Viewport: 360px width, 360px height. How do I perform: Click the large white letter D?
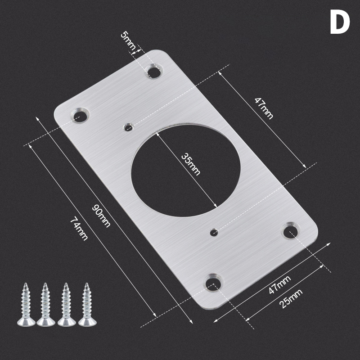point(340,22)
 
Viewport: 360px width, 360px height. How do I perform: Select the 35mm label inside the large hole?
point(191,164)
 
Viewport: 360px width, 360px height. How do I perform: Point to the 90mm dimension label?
point(101,216)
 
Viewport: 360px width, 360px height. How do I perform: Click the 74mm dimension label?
point(79,229)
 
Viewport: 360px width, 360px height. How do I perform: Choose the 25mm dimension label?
point(291,298)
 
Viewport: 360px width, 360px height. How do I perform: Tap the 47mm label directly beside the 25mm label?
point(279,284)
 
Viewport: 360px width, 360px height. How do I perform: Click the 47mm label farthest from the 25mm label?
point(264,108)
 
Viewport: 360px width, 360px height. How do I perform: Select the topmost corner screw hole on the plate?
point(154,72)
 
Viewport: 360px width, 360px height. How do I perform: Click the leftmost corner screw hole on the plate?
point(81,115)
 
